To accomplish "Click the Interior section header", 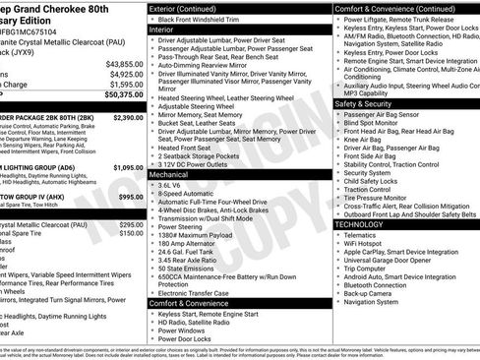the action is [x=168, y=30].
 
